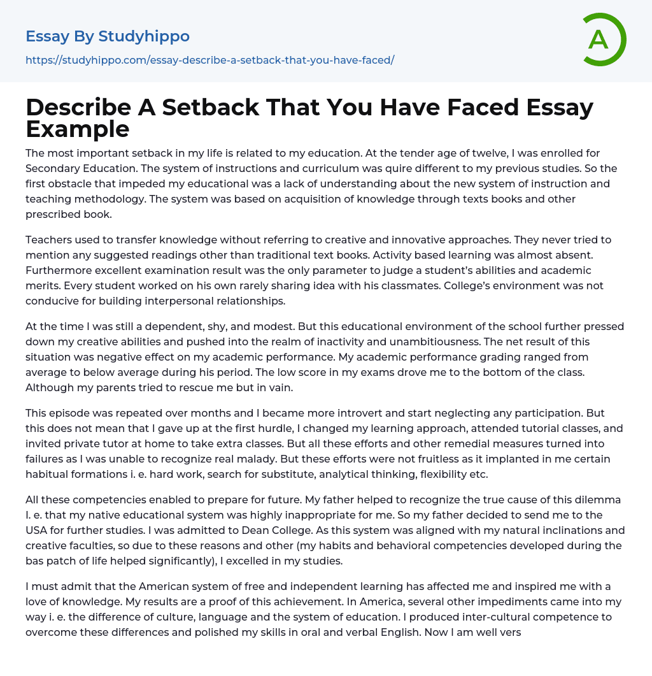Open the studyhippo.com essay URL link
[x=209, y=60]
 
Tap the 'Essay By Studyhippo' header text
[x=108, y=36]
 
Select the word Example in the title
[x=78, y=129]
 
